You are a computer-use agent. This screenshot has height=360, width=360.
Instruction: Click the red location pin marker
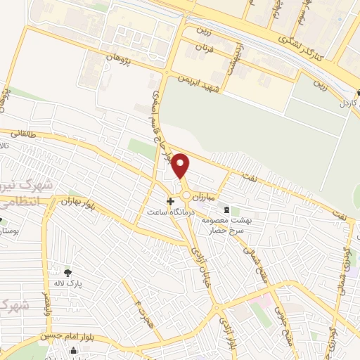click(181, 166)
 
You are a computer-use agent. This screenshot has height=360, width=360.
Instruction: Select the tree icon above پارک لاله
click(68, 273)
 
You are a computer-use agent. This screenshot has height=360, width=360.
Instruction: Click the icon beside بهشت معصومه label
click(226, 210)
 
